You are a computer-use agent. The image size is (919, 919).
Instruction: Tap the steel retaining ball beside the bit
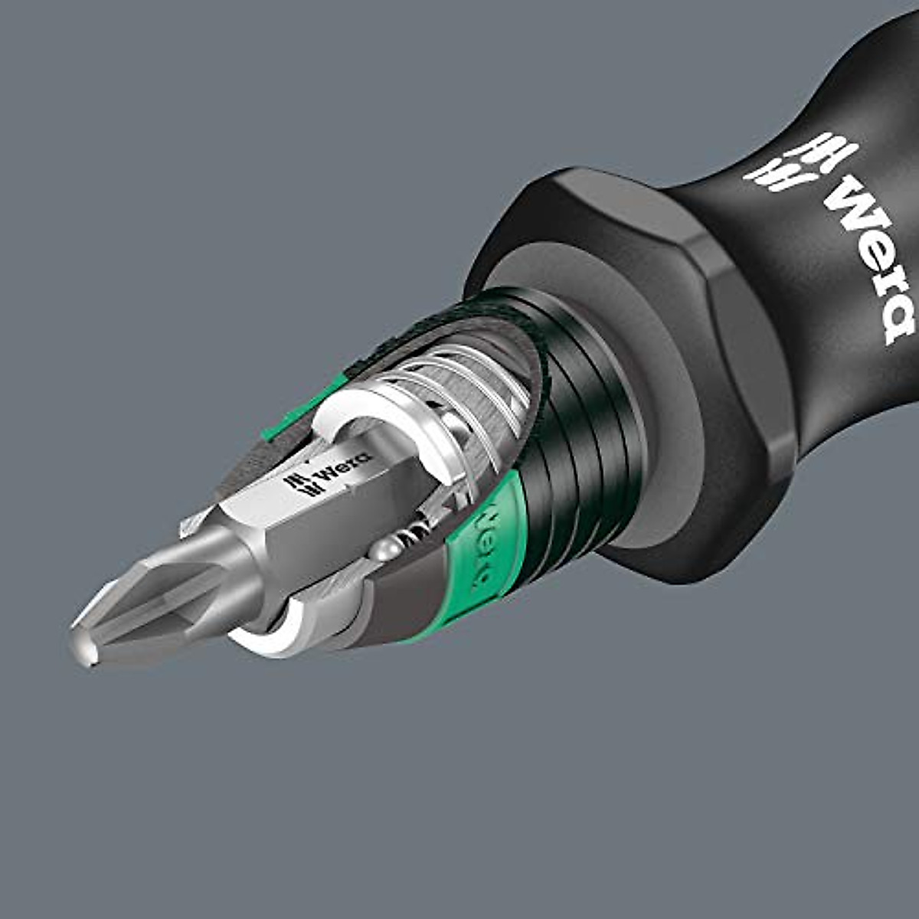(386, 550)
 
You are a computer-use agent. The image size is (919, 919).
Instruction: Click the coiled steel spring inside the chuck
(459, 383)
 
